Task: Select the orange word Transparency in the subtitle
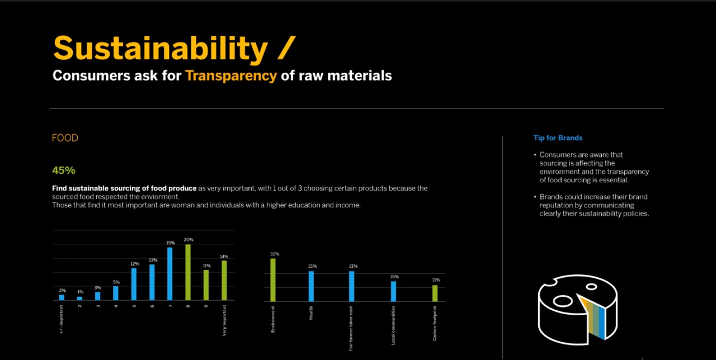[x=231, y=75]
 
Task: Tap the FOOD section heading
[x=65, y=138]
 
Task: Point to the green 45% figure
[x=64, y=170]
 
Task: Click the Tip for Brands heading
[x=558, y=138]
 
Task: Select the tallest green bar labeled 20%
[x=188, y=272]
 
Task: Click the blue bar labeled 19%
[x=170, y=274]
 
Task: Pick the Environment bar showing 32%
[x=273, y=280]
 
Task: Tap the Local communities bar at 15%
[x=393, y=291]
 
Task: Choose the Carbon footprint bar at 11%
[x=435, y=293]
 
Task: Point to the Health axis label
[x=311, y=312]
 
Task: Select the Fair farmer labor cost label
[x=351, y=328]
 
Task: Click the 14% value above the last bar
[x=224, y=257]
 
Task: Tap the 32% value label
[x=275, y=254]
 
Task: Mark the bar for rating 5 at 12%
[x=134, y=284]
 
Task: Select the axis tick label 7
[x=170, y=306]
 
